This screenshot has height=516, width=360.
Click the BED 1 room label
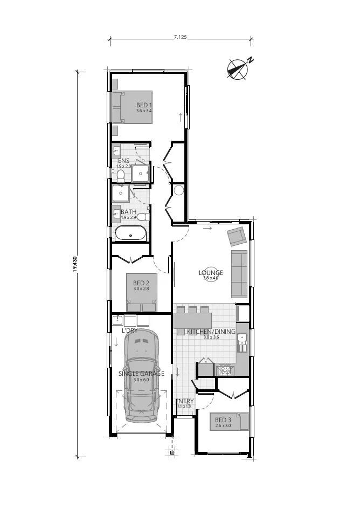(x=144, y=105)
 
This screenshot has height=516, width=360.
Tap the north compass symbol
(x=237, y=69)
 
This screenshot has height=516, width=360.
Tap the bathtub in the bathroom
(x=130, y=233)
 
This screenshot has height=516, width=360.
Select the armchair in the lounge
(x=236, y=236)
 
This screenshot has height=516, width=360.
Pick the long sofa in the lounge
(x=239, y=274)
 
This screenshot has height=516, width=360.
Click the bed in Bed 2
(x=141, y=292)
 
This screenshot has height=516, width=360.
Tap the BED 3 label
(x=223, y=420)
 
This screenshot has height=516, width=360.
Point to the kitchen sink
(x=243, y=341)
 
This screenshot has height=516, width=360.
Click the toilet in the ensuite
(x=121, y=175)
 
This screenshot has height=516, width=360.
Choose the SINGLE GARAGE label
(x=141, y=373)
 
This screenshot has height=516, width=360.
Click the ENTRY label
(x=185, y=401)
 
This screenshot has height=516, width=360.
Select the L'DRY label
(x=129, y=330)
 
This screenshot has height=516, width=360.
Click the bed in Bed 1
(x=132, y=107)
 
